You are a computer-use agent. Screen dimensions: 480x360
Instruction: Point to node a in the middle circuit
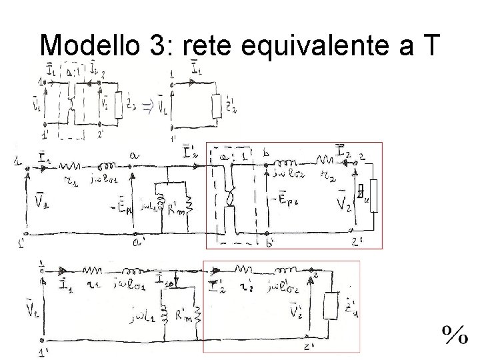(x=135, y=155)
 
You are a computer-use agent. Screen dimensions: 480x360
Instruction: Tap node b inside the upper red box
(x=266, y=155)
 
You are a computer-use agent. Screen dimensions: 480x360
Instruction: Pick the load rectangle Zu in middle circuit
(x=373, y=195)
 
